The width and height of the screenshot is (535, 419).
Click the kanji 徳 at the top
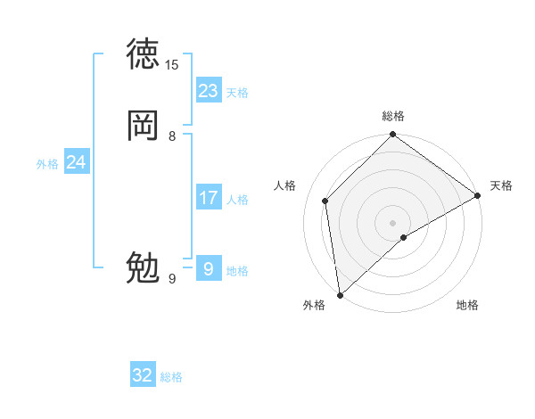144,54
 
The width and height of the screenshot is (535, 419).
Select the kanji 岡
144,126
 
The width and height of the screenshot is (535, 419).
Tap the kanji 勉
144,267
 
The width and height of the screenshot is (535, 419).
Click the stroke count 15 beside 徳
172,64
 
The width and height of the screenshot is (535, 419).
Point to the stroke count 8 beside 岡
172,136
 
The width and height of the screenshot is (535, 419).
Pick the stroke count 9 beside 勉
172,279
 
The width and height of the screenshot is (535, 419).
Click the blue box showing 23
209,91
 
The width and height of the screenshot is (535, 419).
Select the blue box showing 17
209,197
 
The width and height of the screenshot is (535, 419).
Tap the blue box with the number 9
209,267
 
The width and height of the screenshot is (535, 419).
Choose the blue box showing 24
77,162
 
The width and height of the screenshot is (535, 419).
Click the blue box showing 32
143,375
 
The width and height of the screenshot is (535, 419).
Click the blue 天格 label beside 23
237,93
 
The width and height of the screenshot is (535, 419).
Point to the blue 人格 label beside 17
237,200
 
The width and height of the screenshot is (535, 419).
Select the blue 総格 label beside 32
171,377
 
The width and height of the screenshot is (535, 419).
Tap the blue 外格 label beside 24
47,164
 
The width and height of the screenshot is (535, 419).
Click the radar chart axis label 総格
393,116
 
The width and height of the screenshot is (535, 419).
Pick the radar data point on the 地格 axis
404,237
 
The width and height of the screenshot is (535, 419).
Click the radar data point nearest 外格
340,294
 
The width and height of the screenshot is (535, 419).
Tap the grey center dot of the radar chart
393,222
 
